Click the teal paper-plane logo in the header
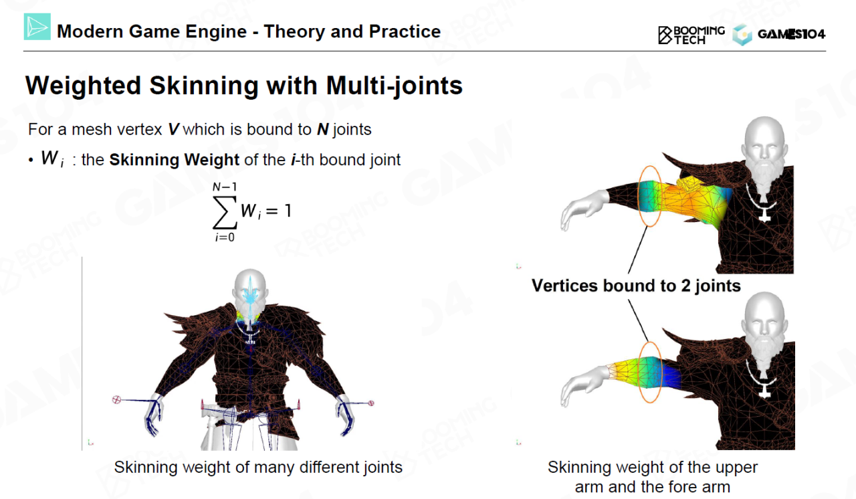(37, 27)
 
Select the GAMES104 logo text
(791, 34)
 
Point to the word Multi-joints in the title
(394, 86)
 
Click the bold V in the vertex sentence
(173, 130)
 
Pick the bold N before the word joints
(323, 130)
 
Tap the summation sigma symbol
(225, 212)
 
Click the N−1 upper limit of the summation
(225, 187)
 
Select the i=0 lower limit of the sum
(225, 237)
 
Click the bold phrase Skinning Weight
(175, 160)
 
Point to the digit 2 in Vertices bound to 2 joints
(685, 286)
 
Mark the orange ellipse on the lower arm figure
(639, 372)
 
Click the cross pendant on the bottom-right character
(764, 391)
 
